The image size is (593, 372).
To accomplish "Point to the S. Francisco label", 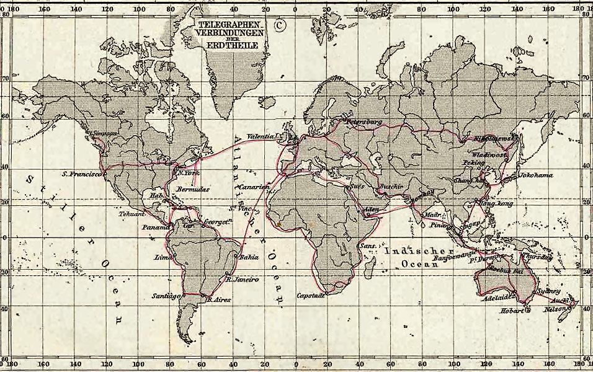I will pyautogui.click(x=82, y=175).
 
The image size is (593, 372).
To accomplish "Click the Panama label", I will pyautogui.click(x=155, y=228).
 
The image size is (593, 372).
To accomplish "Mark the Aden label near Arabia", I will pyautogui.click(x=372, y=210).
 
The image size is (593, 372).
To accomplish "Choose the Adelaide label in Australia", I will pyautogui.click(x=496, y=297).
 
